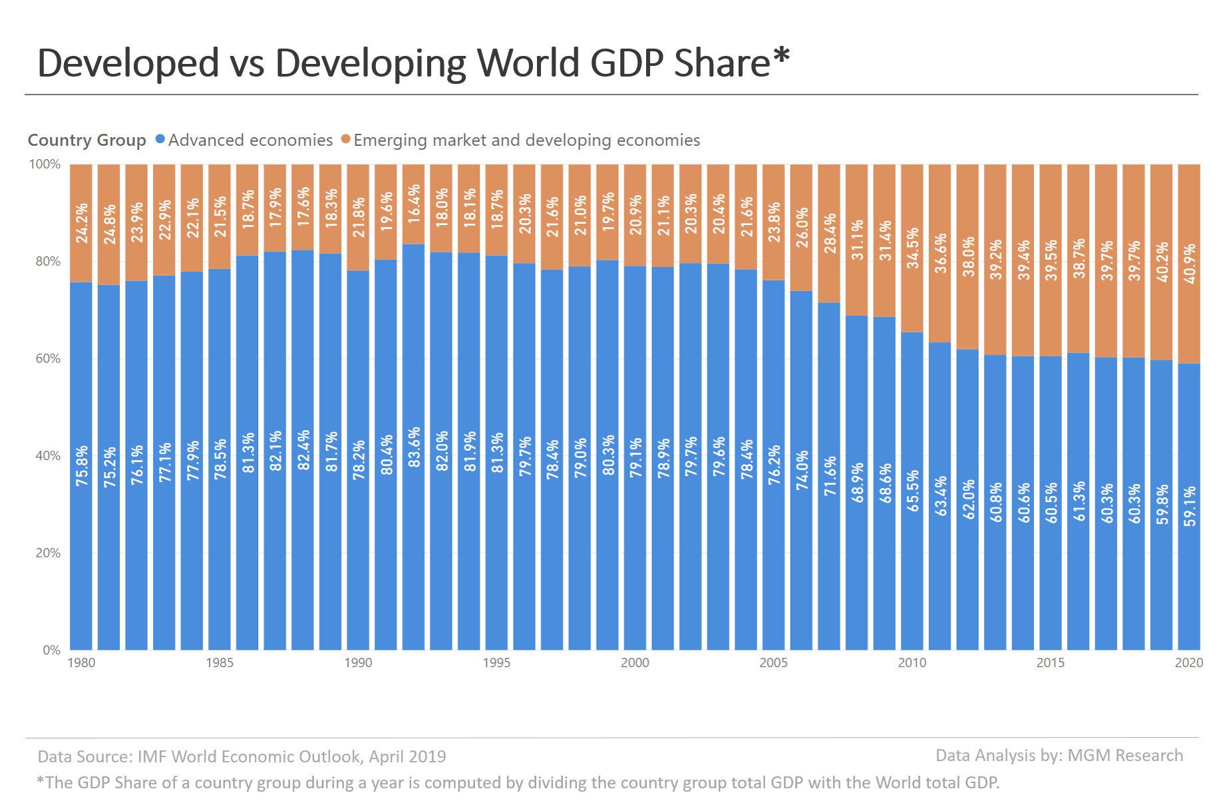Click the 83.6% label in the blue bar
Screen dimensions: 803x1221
pyautogui.click(x=414, y=447)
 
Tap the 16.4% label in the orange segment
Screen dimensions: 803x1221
pyautogui.click(x=414, y=204)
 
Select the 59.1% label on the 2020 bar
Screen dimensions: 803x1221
pyautogui.click(x=1189, y=506)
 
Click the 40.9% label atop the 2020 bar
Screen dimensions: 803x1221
pyautogui.click(x=1189, y=264)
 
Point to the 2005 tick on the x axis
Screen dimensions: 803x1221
pyautogui.click(x=773, y=663)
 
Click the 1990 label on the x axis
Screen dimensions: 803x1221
pyautogui.click(x=358, y=663)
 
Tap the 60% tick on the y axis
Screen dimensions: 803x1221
pyautogui.click(x=48, y=359)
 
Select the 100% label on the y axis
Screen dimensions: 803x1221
pyautogui.click(x=45, y=164)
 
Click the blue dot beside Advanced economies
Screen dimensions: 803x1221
pyautogui.click(x=160, y=139)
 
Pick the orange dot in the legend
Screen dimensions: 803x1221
pyautogui.click(x=345, y=139)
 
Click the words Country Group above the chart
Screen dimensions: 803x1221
pyautogui.click(x=87, y=140)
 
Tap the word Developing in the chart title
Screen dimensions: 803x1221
pyautogui.click(x=370, y=63)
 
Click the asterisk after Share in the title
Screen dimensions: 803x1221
pyautogui.click(x=781, y=56)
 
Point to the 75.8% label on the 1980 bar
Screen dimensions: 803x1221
pyautogui.click(x=81, y=465)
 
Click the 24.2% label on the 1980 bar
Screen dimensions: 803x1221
pyautogui.click(x=81, y=223)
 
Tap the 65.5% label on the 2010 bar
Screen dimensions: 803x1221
pyautogui.click(x=912, y=491)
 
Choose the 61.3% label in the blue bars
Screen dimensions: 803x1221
pyautogui.click(x=1079, y=501)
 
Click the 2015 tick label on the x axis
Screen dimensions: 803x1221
pyautogui.click(x=1050, y=663)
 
